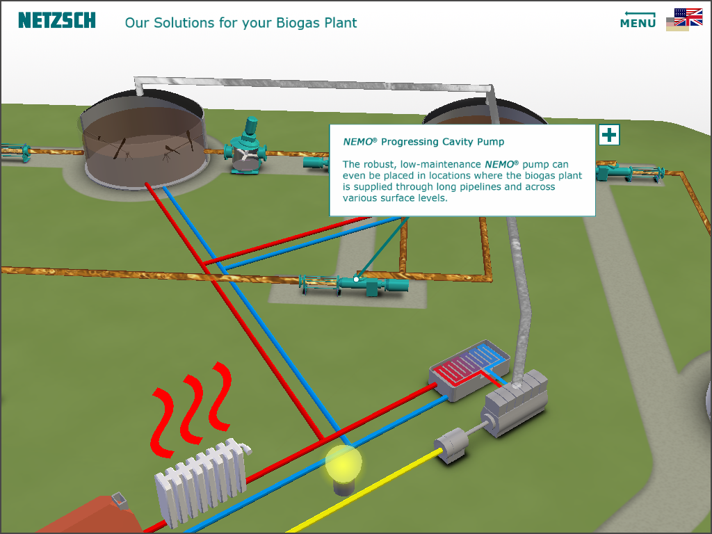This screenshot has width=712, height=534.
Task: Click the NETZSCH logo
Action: pyautogui.click(x=57, y=20)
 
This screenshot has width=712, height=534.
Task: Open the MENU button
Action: pyautogui.click(x=638, y=20)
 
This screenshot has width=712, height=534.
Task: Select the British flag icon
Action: pyautogui.click(x=688, y=17)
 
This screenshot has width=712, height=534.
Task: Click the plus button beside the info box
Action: pyautogui.click(x=609, y=135)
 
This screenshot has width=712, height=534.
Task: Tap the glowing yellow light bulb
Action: pyautogui.click(x=343, y=464)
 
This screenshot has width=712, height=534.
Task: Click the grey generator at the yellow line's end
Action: pyautogui.click(x=451, y=444)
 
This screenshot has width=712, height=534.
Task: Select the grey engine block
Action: pyautogui.click(x=515, y=403)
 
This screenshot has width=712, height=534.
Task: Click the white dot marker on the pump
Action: pyautogui.click(x=357, y=280)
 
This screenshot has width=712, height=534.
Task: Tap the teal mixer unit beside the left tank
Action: pyautogui.click(x=245, y=145)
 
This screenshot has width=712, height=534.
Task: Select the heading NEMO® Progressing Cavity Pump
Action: pyautogui.click(x=423, y=142)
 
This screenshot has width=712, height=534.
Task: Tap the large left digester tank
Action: pyautogui.click(x=143, y=140)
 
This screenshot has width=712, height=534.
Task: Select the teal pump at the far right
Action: pyautogui.click(x=630, y=172)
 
